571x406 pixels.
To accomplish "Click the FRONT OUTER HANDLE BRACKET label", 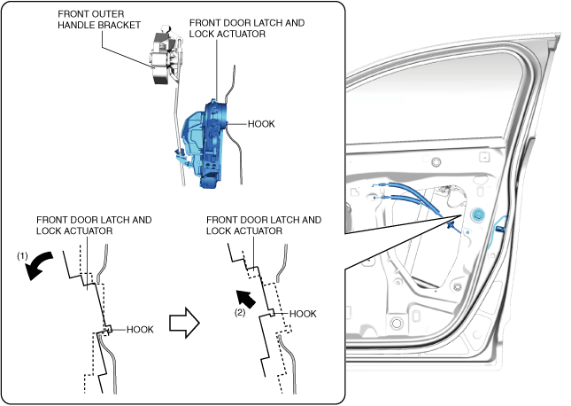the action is coord(99,20).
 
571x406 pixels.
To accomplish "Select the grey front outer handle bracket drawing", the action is coord(166,56).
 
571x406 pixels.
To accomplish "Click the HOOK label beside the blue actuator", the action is coord(261,124).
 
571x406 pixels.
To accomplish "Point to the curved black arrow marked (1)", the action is coord(38,266).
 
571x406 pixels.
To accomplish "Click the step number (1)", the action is coord(22,255).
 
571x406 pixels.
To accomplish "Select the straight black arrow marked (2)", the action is coord(246,299).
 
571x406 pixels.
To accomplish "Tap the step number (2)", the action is coord(240,313).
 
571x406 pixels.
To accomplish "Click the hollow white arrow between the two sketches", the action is coord(184,323).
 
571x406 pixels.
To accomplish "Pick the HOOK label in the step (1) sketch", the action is coord(140,330).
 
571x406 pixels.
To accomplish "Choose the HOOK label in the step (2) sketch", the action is coord(303,314).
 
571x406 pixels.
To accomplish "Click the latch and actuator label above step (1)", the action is coord(94,225).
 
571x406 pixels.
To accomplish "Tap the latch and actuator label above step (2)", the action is coord(264,225).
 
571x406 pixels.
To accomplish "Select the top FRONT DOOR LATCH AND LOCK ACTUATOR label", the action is coord(246,28).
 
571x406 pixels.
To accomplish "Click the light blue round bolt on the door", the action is coord(477,215).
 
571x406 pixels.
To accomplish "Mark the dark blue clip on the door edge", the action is coord(501,229).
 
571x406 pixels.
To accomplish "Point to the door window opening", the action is coord(429,102).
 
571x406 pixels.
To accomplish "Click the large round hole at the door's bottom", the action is coord(397,324).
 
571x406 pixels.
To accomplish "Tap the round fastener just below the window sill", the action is coord(436,161).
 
